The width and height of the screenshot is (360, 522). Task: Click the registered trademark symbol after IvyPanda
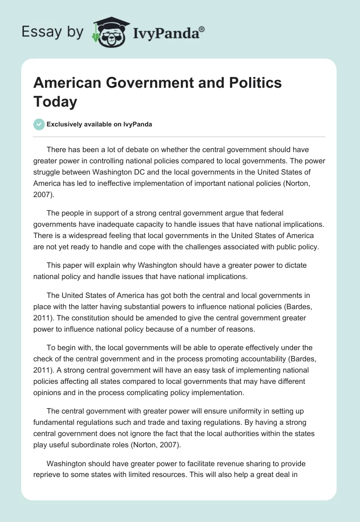(202, 29)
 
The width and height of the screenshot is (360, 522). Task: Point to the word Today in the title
(55, 102)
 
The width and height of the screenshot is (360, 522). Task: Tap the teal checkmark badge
(39, 124)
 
